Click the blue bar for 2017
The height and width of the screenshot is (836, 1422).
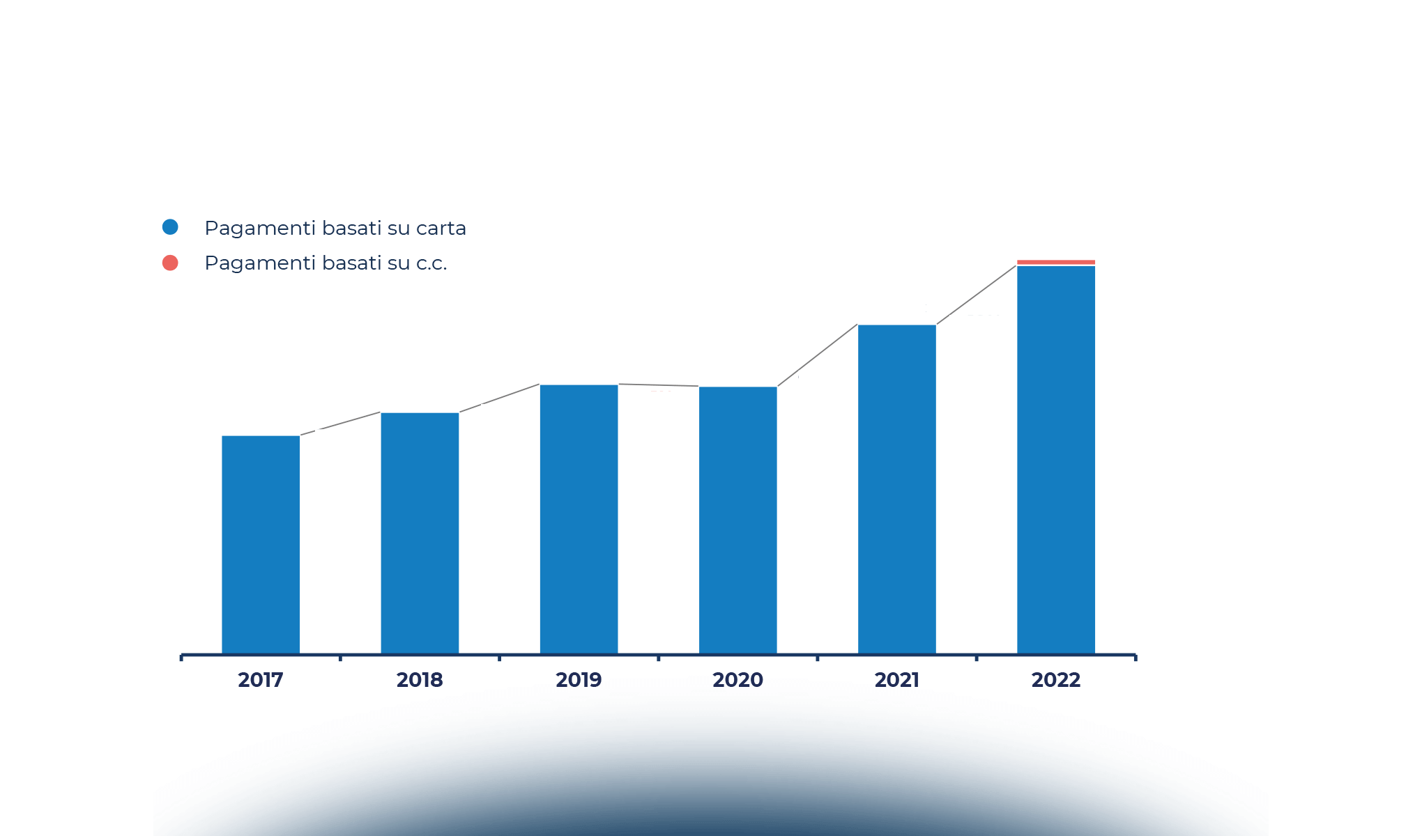point(261,543)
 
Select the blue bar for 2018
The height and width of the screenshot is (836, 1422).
point(420,533)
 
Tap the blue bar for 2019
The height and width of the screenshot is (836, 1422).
point(579,519)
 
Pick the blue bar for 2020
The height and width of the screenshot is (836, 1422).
point(737,520)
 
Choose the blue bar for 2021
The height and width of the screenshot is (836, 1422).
point(896,488)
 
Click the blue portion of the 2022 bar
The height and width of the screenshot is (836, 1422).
point(1055,460)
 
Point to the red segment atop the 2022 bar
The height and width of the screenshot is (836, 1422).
point(1055,262)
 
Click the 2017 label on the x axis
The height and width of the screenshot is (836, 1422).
point(261,680)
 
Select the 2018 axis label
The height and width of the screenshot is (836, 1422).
point(420,680)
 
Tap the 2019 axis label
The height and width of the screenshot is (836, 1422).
point(579,680)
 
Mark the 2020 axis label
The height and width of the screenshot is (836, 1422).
point(737,680)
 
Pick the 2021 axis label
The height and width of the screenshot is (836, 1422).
point(896,680)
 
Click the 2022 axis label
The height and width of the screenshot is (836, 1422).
point(1055,680)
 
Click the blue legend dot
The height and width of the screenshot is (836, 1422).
point(170,227)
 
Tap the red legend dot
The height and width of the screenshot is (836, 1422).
point(170,263)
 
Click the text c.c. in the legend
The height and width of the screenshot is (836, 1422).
point(431,263)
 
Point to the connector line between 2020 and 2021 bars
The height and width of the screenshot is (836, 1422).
point(817,355)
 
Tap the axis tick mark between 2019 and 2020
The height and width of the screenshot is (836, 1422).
point(658,657)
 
